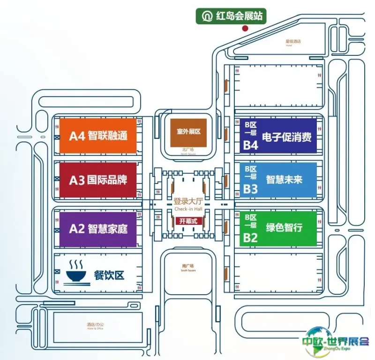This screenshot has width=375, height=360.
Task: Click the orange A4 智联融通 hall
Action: tap(98, 136)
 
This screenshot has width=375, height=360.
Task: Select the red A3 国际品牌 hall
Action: tap(98, 180)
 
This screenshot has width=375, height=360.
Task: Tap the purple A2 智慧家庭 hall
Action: tap(98, 229)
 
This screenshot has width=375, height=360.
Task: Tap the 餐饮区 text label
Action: tap(109, 275)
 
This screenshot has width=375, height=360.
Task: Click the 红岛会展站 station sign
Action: tap(232, 16)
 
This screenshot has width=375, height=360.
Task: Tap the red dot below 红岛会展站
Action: tap(244, 28)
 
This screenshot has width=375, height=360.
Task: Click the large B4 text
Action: tap(250, 145)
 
